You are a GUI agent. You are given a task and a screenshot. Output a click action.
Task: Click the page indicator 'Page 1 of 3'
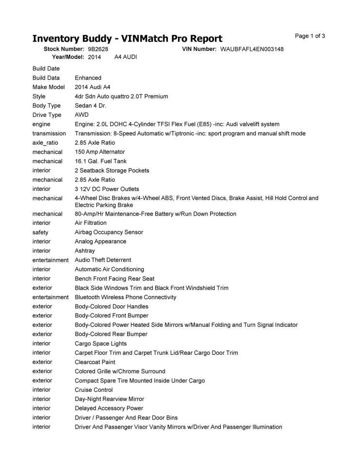310,36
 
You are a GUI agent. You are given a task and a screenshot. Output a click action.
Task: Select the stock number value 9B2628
98,50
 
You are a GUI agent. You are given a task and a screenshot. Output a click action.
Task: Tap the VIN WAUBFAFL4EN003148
252,50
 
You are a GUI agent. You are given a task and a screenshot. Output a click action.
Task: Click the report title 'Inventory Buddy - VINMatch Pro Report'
127,39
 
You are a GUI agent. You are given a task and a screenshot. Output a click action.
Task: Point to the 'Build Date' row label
46,68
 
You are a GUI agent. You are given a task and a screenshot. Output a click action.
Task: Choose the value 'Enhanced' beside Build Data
88,78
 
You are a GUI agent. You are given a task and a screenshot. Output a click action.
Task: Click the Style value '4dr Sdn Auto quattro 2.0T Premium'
121,97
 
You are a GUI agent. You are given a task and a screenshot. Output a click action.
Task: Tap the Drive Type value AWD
82,115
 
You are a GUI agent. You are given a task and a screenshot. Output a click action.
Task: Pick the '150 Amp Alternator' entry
99,152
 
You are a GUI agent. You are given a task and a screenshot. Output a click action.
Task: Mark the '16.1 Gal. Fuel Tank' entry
100,161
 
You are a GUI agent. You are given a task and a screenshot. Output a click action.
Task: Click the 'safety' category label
40,232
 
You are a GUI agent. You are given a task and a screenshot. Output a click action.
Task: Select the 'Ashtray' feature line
85,250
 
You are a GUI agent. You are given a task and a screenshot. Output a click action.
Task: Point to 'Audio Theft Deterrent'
103,260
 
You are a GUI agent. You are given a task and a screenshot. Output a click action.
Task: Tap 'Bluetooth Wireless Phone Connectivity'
126,297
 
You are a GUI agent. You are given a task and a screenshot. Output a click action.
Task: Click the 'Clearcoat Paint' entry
95,362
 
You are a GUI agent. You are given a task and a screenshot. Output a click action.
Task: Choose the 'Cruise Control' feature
94,390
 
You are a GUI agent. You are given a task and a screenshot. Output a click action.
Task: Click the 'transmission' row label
49,133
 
